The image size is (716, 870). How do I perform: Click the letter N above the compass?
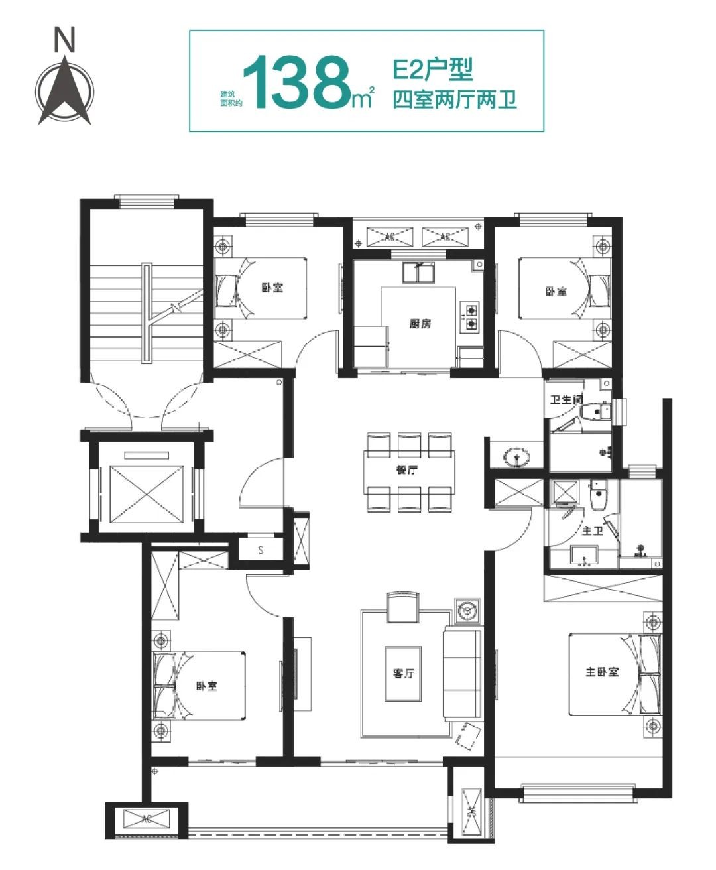tap(65, 40)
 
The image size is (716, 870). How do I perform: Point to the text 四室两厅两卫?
tap(455, 100)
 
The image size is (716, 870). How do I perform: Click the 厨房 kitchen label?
tap(420, 324)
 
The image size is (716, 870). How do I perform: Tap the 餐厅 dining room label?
tap(406, 470)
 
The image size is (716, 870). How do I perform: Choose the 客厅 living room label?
tap(403, 673)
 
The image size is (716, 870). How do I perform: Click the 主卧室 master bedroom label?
tap(602, 672)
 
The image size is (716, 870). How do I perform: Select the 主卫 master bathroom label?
tap(593, 530)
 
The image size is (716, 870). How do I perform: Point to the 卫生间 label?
tap(566, 399)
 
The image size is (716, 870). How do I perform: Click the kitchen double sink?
tap(418, 273)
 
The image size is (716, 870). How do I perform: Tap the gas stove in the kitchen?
tap(471, 316)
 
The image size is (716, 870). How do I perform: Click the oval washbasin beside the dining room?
tap(516, 457)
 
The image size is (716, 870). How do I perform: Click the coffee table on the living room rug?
tap(403, 674)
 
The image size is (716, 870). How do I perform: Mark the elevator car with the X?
tap(147, 494)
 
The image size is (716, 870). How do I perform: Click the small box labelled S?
tap(261, 550)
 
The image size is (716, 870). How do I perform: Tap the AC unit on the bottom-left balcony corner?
tap(147, 818)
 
